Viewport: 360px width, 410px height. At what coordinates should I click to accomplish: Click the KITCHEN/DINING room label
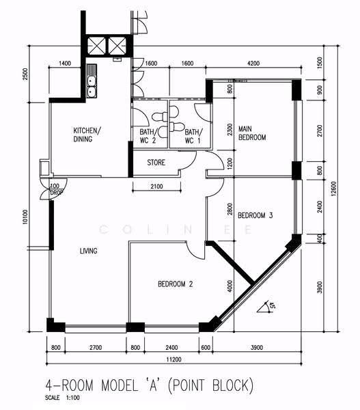87,135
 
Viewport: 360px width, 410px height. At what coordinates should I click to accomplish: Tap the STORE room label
156,163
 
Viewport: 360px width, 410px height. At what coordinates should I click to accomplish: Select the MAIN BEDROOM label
252,133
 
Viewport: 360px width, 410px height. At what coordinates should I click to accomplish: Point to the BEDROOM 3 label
255,215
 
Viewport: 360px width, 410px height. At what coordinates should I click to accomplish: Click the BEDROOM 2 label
175,284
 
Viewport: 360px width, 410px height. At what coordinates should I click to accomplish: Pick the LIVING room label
88,251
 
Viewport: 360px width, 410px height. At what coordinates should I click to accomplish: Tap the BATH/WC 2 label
148,136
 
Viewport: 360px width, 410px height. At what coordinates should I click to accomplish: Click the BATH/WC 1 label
194,136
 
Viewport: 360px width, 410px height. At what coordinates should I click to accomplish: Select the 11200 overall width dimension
174,359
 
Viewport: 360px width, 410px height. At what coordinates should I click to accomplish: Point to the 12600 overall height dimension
333,189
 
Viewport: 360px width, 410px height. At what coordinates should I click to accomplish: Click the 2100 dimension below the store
156,186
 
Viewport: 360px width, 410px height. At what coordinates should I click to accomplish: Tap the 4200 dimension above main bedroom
253,64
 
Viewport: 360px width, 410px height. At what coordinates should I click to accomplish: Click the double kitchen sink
92,81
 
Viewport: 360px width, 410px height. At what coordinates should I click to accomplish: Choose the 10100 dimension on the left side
25,217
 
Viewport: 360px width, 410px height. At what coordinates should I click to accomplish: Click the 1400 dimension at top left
65,64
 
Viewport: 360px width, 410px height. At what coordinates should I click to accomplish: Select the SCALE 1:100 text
62,398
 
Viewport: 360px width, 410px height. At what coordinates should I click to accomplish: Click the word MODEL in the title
120,385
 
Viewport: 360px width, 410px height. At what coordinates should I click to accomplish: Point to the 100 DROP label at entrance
56,189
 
